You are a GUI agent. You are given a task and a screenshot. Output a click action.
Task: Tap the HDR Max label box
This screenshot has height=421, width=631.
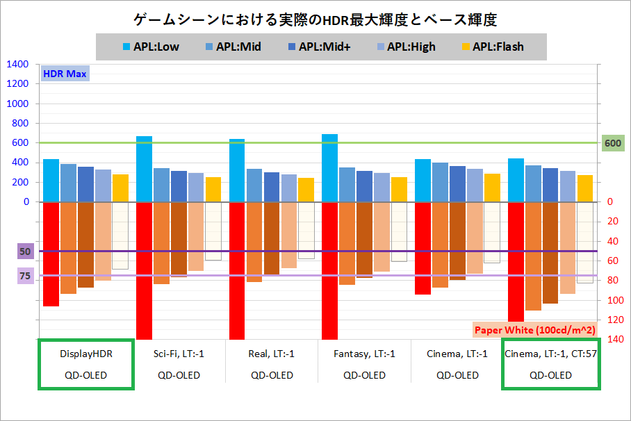[64, 74]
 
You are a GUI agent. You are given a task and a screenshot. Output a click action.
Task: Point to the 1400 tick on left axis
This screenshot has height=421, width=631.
[17, 65]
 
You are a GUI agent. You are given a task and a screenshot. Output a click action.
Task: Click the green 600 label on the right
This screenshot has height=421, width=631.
[612, 143]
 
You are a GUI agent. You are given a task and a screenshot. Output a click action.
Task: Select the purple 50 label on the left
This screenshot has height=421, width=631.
[25, 251]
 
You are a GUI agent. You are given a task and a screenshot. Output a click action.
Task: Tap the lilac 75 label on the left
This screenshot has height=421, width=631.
[25, 276]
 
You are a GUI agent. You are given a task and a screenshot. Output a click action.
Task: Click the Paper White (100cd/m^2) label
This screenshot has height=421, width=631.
[534, 329]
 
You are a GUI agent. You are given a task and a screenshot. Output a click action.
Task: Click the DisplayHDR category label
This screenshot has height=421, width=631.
[86, 353]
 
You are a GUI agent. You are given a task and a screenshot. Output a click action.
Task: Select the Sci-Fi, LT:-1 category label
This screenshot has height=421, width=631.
[179, 353]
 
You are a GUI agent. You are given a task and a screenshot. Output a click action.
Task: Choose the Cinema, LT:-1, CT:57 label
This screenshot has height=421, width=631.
[550, 353]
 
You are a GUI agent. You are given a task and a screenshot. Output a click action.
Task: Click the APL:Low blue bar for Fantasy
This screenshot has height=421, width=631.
[330, 167]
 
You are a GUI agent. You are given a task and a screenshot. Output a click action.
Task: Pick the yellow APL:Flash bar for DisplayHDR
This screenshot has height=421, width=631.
[120, 188]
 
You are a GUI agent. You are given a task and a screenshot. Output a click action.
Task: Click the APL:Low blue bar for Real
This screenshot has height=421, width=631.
[237, 170]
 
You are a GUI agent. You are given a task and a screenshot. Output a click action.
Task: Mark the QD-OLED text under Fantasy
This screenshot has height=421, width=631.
[364, 375]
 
